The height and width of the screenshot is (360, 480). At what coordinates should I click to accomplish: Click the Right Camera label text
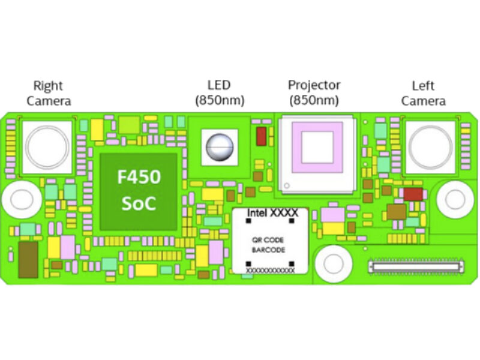48,94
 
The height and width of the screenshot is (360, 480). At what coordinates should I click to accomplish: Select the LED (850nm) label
218,93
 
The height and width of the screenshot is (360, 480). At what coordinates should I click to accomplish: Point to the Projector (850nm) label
314,92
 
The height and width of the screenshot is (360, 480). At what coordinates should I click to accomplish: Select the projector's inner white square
316,148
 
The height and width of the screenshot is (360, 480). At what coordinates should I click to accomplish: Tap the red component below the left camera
413,194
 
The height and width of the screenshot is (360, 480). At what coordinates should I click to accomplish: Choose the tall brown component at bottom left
27,259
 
